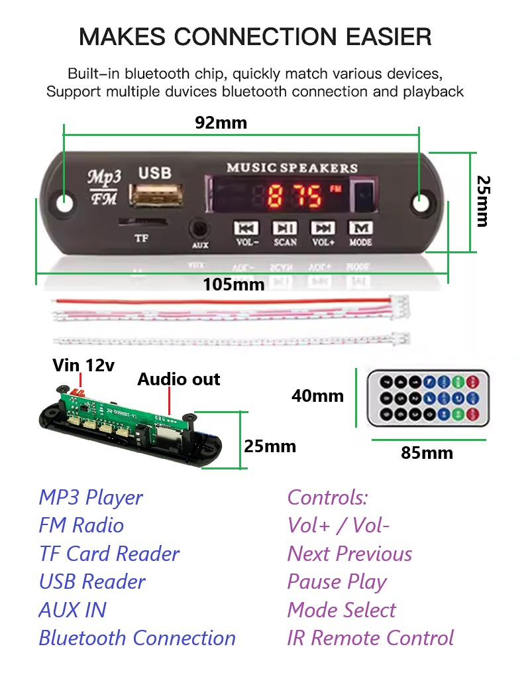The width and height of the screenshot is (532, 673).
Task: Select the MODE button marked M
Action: pyautogui.click(x=360, y=227)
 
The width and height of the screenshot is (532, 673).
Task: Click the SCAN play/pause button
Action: pyautogui.click(x=285, y=228)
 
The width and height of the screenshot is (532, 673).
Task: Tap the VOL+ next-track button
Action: pyautogui.click(x=323, y=228)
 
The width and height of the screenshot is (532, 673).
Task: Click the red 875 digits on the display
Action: pyautogui.click(x=295, y=196)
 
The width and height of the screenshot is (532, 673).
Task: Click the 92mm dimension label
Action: pyautogui.click(x=221, y=123)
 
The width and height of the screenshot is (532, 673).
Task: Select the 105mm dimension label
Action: pyautogui.click(x=233, y=284)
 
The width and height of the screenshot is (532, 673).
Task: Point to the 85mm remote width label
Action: pyautogui.click(x=427, y=453)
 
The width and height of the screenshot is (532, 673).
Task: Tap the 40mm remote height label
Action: pyautogui.click(x=317, y=396)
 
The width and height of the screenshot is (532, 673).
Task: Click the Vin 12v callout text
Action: pyautogui.click(x=83, y=365)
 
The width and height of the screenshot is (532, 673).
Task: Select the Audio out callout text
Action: pyautogui.click(x=178, y=379)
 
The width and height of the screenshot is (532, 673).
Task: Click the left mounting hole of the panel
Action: pyautogui.click(x=64, y=202)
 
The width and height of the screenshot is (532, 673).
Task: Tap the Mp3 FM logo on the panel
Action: pyautogui.click(x=104, y=187)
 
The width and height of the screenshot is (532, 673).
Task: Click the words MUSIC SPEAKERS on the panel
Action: pyautogui.click(x=292, y=168)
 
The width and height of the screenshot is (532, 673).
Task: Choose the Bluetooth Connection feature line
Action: pyautogui.click(x=137, y=638)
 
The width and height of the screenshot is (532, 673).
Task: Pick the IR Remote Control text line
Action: pyautogui.click(x=370, y=638)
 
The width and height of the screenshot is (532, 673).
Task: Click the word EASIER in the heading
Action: pyautogui.click(x=389, y=36)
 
